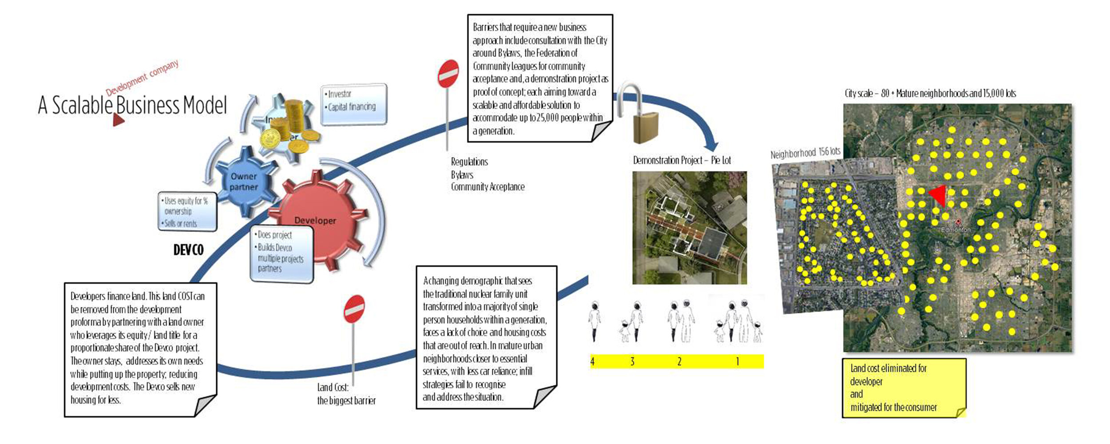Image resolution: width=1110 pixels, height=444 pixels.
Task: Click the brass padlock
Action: point(645,127)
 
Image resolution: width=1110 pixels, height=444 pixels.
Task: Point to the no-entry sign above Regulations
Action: point(448,74)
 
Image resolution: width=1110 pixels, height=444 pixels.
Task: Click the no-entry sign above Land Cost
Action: point(354,309)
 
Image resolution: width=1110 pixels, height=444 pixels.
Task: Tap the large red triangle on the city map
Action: point(938,196)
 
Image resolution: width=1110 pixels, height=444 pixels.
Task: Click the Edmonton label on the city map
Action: point(956,230)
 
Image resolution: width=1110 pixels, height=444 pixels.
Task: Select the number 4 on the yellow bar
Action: point(592,361)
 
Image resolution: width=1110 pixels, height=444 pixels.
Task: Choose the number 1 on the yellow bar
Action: point(737,361)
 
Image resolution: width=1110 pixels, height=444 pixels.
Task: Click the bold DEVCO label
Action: point(188,250)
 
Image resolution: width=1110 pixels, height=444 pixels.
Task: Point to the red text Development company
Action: point(142,78)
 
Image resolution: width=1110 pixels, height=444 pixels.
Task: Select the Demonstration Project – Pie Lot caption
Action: point(682,160)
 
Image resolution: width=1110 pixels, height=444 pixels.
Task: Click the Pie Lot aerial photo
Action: point(690,228)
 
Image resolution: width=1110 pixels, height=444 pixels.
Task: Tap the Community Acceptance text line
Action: point(488,187)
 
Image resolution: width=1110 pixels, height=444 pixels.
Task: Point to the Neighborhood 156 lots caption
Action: point(805,153)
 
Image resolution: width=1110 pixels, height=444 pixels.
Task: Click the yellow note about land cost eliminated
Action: point(904,388)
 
